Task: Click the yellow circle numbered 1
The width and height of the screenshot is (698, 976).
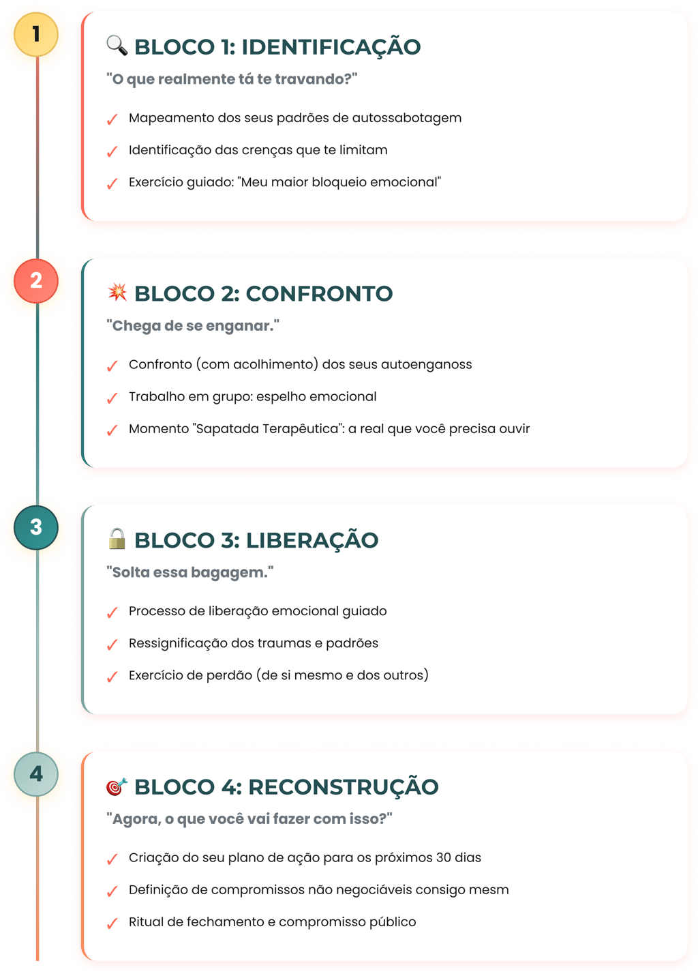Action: point(36,33)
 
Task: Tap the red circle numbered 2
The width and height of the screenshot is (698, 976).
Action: point(36,280)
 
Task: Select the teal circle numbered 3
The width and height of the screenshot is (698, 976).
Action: point(36,527)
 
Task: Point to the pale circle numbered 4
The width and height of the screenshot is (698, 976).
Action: point(36,774)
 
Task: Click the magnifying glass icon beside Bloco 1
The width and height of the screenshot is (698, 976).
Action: point(117,46)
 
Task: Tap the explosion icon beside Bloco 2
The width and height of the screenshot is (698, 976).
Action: point(117,293)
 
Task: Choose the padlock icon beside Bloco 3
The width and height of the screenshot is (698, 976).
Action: point(117,539)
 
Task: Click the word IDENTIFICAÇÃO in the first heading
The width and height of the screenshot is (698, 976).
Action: point(331,47)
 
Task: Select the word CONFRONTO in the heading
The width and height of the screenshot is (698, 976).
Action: point(319,294)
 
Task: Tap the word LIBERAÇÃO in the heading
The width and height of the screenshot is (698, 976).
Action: point(312,540)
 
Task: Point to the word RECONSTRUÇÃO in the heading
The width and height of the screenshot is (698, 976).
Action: point(343,787)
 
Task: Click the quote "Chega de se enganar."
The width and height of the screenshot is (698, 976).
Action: point(193,326)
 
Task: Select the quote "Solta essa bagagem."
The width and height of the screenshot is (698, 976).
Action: point(190,572)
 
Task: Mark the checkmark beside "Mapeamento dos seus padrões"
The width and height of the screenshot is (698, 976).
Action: point(112,120)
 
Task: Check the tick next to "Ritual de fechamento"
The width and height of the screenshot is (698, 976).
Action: point(112,924)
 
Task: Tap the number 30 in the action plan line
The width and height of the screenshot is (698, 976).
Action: point(443,857)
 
